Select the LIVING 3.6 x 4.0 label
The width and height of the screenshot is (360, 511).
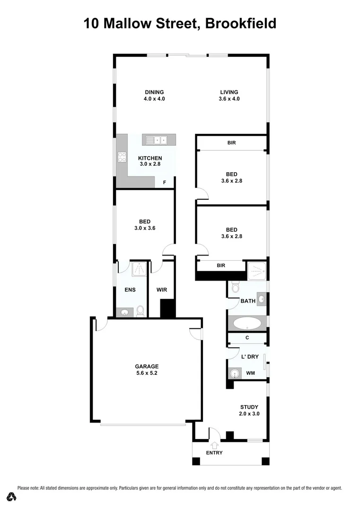[229, 96]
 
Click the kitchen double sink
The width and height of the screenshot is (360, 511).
[156, 140]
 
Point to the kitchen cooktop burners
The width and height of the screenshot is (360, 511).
[122, 157]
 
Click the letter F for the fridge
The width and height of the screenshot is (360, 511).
[165, 182]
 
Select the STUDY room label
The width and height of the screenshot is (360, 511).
[249, 410]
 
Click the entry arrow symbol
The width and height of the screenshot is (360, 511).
[214, 445]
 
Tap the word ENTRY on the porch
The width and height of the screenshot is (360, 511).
[214, 453]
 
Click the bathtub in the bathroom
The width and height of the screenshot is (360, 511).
[247, 324]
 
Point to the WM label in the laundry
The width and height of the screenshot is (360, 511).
[250, 373]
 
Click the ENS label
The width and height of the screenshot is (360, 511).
[131, 290]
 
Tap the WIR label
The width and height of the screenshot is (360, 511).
[162, 290]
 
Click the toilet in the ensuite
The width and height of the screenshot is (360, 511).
[140, 311]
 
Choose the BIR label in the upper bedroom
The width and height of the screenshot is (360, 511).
[231, 142]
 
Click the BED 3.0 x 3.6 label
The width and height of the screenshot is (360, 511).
[145, 225]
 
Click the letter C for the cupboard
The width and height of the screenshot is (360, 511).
[247, 338]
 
